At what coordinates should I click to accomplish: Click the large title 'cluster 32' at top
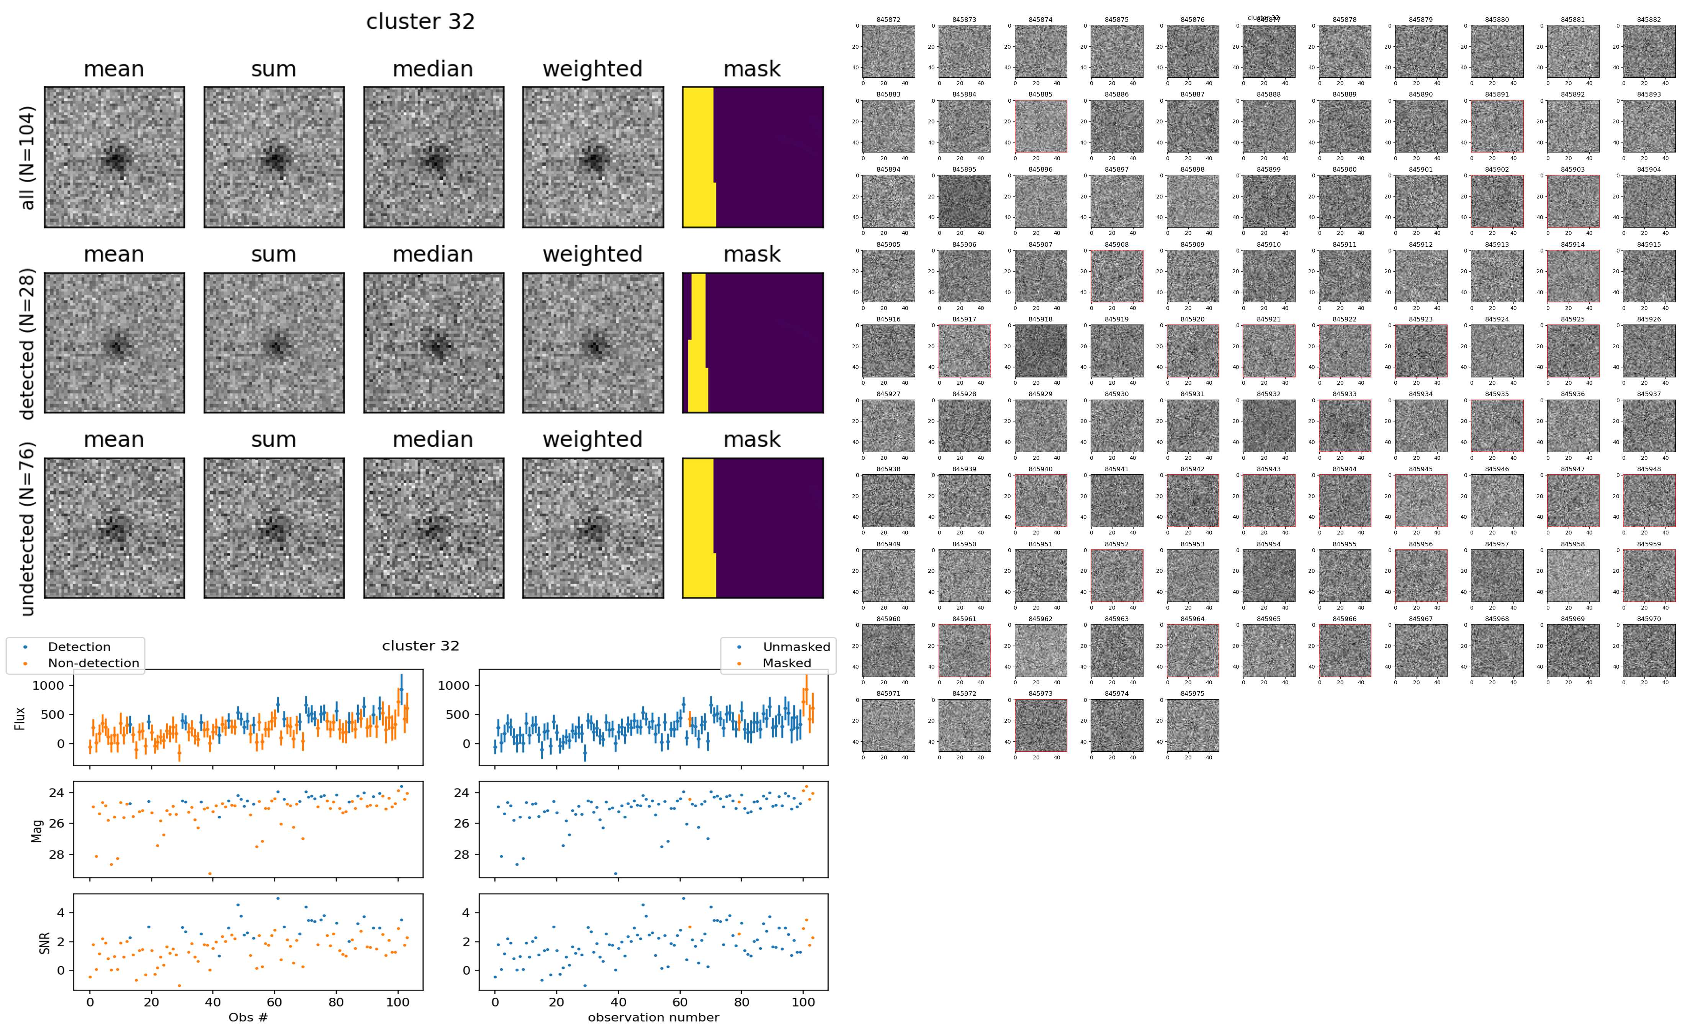click(x=420, y=22)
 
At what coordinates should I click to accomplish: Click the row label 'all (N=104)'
click(x=28, y=157)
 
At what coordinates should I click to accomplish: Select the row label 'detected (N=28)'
click(x=28, y=343)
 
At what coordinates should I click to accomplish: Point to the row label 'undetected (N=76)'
click(x=28, y=528)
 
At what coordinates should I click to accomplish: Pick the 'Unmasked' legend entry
click(x=796, y=647)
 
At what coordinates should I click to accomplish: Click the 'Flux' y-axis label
click(x=21, y=718)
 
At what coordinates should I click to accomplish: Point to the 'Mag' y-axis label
click(x=37, y=830)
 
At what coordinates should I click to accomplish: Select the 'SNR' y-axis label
click(x=44, y=942)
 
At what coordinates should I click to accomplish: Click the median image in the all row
click(x=434, y=157)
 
